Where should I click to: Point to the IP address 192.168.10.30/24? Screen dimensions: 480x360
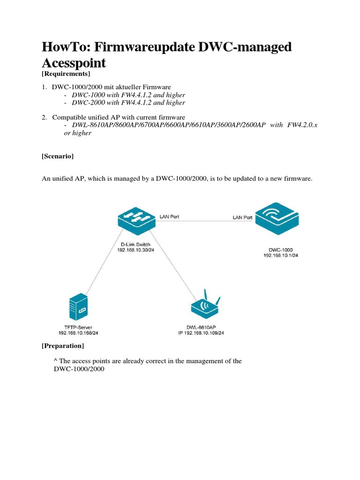(136, 250)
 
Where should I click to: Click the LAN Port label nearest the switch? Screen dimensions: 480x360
(169, 217)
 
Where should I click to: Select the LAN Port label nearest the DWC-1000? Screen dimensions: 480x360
(243, 217)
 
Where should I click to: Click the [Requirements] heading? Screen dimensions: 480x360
(66, 74)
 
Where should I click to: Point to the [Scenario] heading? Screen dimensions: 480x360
(58, 157)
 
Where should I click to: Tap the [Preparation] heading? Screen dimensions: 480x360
(63, 346)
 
